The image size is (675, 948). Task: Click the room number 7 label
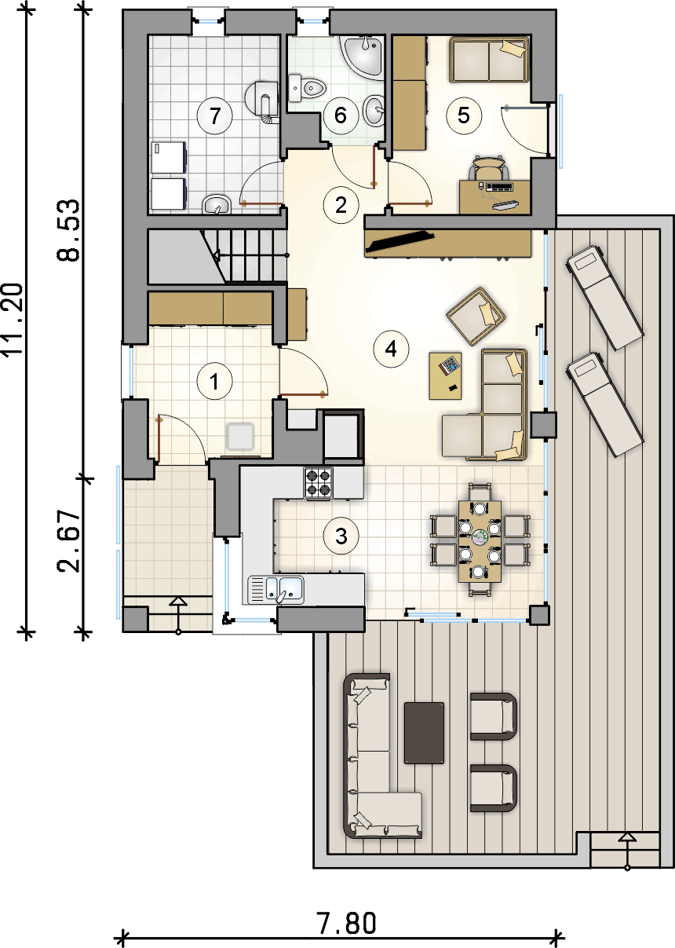(x=215, y=115)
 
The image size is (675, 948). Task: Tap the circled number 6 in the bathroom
(x=341, y=115)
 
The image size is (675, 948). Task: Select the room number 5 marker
(x=464, y=115)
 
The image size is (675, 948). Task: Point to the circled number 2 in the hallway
(x=341, y=205)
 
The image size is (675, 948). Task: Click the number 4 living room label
(x=391, y=349)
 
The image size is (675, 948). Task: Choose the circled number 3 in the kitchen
(x=341, y=536)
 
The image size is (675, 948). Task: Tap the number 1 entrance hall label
(x=215, y=381)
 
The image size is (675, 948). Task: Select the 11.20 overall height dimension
(x=12, y=320)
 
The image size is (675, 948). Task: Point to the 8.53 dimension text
(x=67, y=230)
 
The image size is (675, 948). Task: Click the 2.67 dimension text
(x=67, y=542)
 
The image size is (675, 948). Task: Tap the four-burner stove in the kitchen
(x=319, y=483)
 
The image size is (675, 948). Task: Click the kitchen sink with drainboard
(x=275, y=589)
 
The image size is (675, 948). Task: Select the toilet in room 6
(x=308, y=88)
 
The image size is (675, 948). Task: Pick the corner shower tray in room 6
(x=363, y=57)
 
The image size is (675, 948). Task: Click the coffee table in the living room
(x=445, y=375)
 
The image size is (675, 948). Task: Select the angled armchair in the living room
(x=476, y=317)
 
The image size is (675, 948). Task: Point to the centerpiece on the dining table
(x=480, y=537)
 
